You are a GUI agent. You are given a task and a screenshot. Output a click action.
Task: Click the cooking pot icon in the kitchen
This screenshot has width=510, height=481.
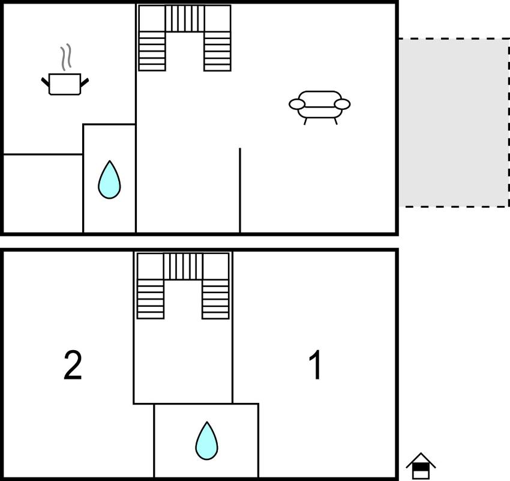pos(64,84)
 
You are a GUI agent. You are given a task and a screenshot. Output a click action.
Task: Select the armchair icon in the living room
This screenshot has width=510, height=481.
pos(320,106)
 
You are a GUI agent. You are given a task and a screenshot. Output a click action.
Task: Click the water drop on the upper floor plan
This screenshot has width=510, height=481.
pos(109,180)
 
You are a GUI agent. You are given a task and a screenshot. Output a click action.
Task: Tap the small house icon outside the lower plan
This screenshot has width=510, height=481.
pos(421,466)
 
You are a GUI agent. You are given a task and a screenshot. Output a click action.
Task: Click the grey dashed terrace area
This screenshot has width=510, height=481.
pos(454,123)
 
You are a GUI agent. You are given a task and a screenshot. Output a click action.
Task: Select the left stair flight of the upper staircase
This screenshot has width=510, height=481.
pos(152,51)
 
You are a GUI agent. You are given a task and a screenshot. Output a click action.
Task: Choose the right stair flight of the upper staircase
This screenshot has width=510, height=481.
pos(217,51)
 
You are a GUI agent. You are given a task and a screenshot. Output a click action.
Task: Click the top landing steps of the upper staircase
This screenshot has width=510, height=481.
pos(184,19)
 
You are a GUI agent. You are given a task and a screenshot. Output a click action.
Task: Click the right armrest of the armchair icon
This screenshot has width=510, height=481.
pos(342,104)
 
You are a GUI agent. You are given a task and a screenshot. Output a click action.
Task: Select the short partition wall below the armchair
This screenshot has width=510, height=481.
pos(240,189)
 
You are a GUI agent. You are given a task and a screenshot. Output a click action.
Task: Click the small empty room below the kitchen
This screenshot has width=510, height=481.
pos(43,193)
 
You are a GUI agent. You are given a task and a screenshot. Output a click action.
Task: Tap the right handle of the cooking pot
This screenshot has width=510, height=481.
pos(85,81)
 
